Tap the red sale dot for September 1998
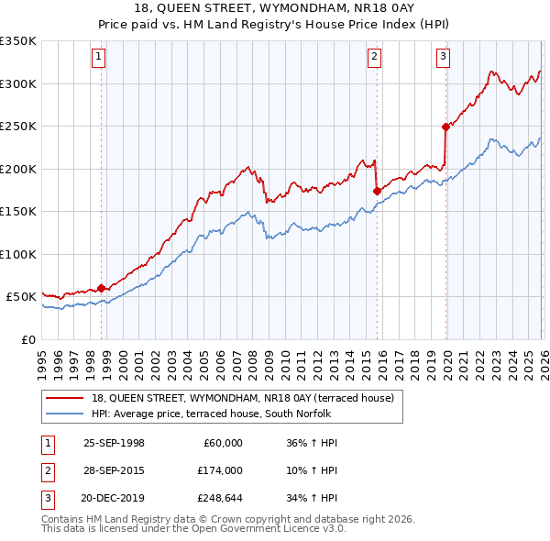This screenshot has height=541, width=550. [101, 288]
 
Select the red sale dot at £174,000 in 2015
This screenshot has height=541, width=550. [377, 191]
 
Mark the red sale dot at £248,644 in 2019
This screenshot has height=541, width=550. [445, 127]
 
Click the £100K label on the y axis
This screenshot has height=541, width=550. [18, 254]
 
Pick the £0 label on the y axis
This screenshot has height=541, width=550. [27, 339]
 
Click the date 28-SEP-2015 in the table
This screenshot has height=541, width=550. [114, 470]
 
